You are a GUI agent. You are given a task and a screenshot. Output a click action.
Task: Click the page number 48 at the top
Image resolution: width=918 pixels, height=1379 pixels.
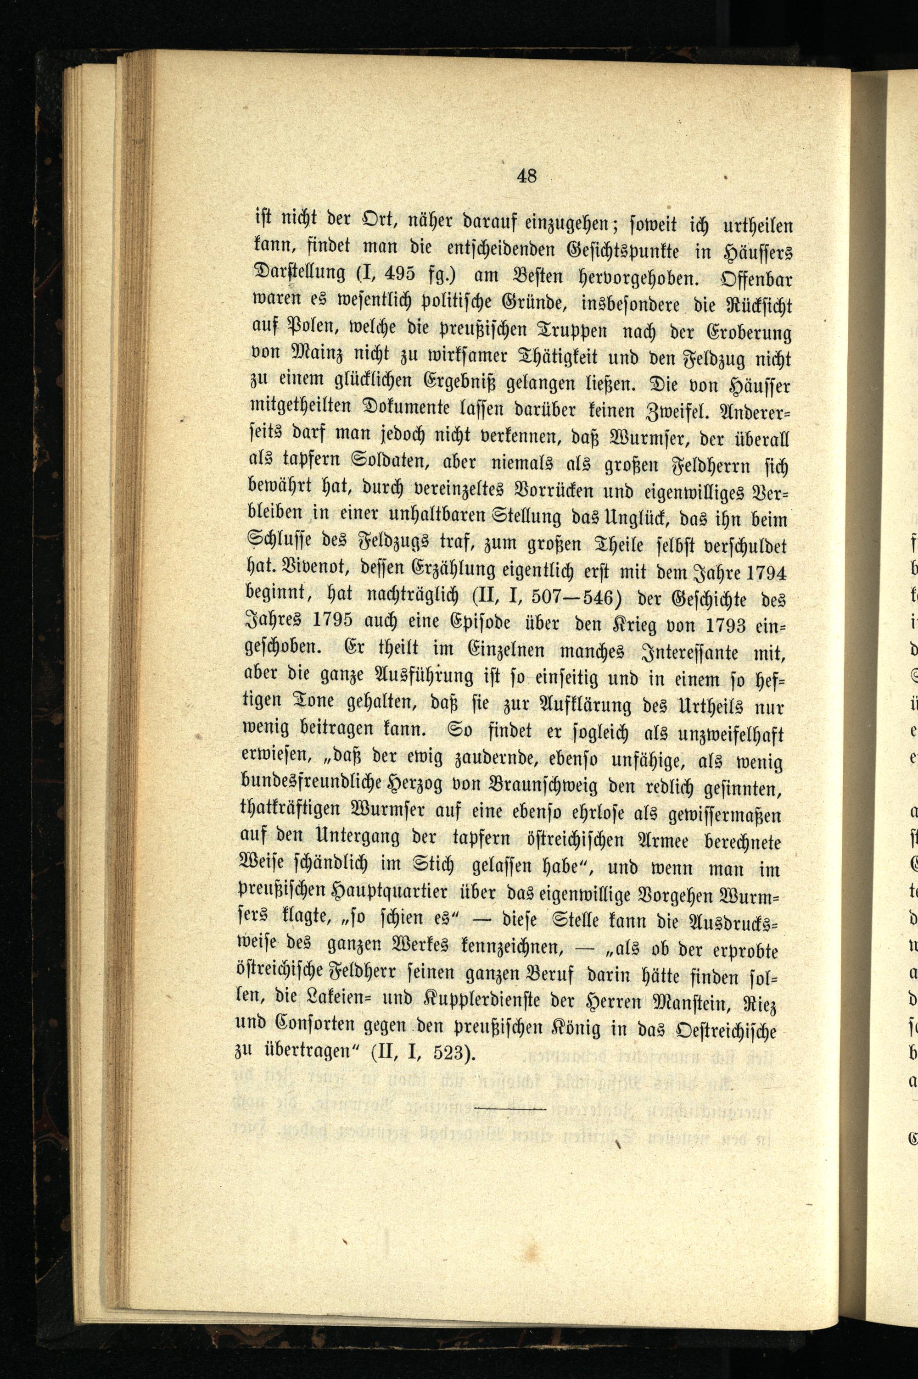pyautogui.click(x=527, y=176)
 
